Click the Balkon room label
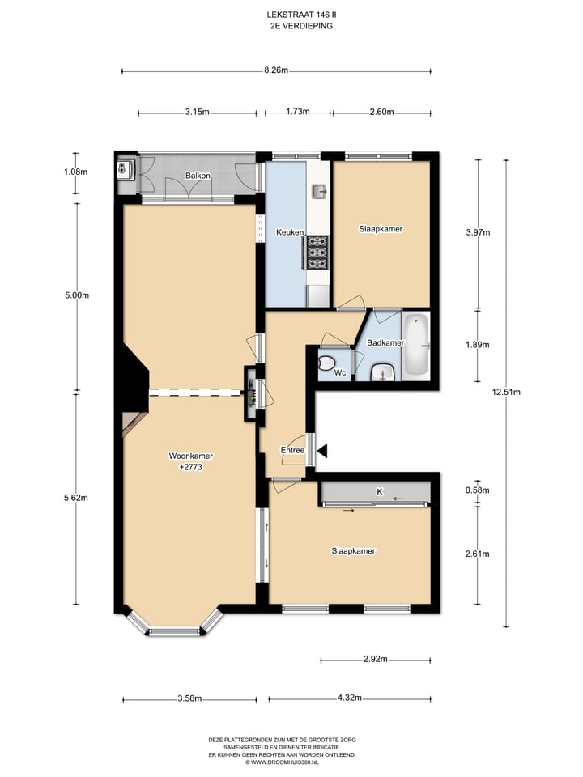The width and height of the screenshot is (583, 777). click(198, 176)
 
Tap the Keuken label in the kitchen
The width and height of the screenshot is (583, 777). click(290, 232)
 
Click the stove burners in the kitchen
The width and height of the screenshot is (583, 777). click(317, 253)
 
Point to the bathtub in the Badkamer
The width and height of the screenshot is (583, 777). click(416, 346)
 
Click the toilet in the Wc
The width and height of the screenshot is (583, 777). click(326, 363)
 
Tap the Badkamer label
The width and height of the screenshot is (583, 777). click(385, 342)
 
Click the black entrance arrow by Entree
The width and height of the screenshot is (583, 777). click(323, 451)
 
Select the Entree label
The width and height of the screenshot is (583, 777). click(292, 450)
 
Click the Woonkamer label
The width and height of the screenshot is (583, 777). click(191, 456)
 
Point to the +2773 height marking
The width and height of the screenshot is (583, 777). click(191, 467)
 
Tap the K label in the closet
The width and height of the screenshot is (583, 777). click(380, 491)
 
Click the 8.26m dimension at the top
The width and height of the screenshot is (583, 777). click(276, 70)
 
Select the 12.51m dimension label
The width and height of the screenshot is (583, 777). click(506, 392)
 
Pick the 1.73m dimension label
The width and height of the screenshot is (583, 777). click(298, 112)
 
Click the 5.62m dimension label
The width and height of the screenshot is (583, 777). click(76, 498)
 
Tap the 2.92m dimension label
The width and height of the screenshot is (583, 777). click(375, 659)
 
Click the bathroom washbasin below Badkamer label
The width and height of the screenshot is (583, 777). click(382, 372)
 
